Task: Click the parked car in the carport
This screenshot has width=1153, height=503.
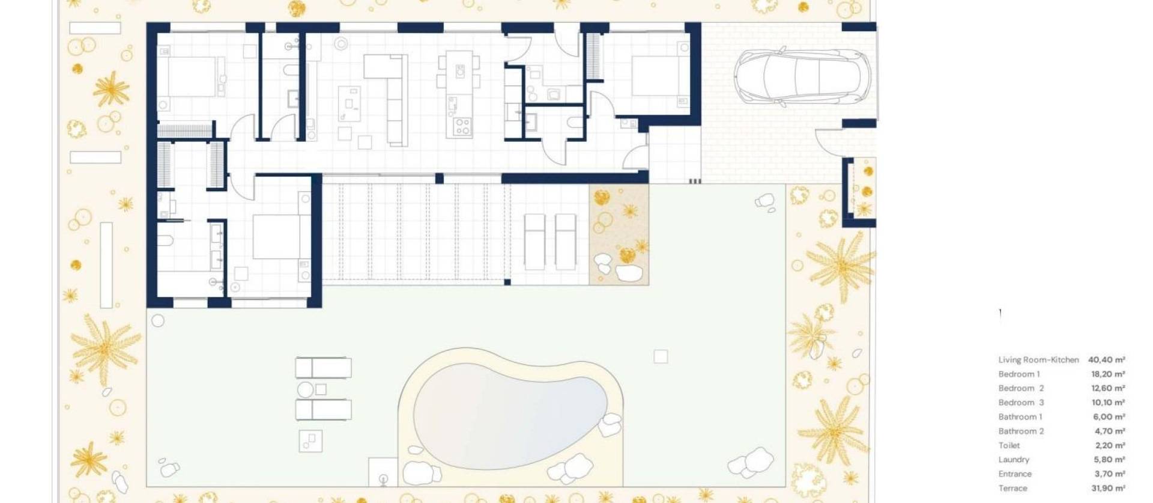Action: pyautogui.click(x=802, y=78)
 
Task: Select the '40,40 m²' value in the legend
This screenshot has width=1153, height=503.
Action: pyautogui.click(x=1106, y=360)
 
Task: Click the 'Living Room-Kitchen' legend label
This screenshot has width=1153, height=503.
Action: pyautogui.click(x=1038, y=360)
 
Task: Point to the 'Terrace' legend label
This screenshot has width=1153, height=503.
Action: pyautogui.click(x=1012, y=488)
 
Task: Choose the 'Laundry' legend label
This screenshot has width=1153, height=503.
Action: pyautogui.click(x=1014, y=460)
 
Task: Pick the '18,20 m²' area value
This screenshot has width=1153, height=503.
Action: pyautogui.click(x=1108, y=374)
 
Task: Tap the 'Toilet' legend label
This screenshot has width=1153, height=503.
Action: pyautogui.click(x=1009, y=445)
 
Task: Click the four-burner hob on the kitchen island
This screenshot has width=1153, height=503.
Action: pyautogui.click(x=462, y=126)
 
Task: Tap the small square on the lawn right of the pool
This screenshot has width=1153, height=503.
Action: pyautogui.click(x=661, y=357)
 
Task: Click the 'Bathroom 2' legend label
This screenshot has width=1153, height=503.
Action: pyautogui.click(x=1021, y=431)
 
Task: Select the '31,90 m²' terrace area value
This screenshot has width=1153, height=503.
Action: pyautogui.click(x=1108, y=488)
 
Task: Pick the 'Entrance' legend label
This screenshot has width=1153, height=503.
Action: pyautogui.click(x=1014, y=474)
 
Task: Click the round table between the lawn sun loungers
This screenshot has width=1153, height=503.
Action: pyautogui.click(x=305, y=390)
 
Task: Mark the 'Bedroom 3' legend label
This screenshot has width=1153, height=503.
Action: pyautogui.click(x=1021, y=403)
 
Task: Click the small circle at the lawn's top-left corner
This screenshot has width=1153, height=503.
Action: pyautogui.click(x=158, y=321)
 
